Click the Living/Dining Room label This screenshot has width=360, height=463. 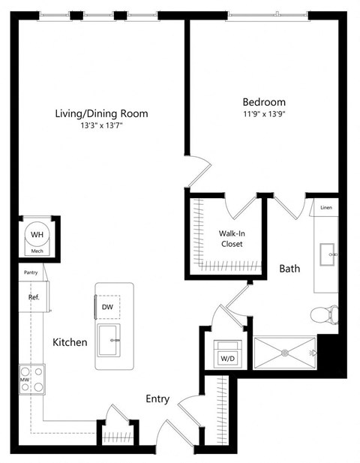101,113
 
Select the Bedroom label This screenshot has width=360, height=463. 263,102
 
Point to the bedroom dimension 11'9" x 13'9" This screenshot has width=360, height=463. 263,114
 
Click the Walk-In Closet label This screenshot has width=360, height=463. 232,239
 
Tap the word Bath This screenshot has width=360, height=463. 290,268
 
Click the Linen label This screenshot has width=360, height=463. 325,207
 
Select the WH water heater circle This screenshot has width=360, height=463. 37,235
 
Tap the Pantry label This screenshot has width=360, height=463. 31,273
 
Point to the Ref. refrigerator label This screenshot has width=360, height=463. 33,296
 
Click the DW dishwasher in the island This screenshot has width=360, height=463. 106,306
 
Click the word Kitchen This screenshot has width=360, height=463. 70,342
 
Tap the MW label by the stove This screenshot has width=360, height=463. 24,380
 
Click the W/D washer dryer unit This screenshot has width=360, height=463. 226,356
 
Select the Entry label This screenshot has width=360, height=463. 157,398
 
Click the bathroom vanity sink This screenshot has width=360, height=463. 328,254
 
